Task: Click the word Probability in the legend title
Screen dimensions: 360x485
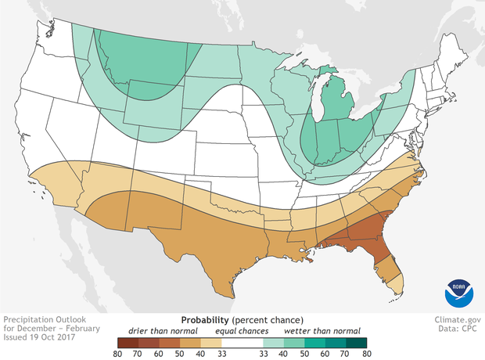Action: point(205,320)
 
